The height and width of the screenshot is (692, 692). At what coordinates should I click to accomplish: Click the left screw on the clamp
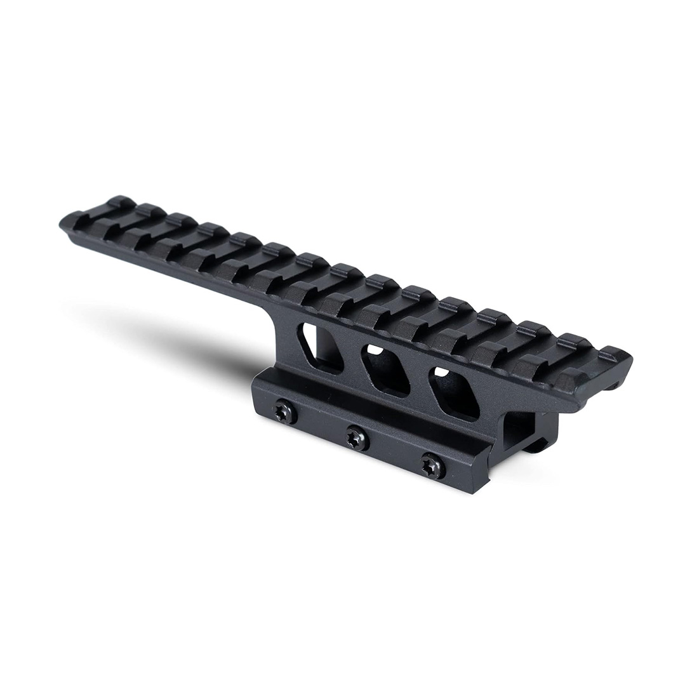pos(286,413)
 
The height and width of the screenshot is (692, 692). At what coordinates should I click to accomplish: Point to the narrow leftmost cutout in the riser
pos(321,346)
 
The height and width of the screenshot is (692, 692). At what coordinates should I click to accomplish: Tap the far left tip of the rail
pos(64,222)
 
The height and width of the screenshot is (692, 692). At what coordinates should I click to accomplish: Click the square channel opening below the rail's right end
pos(517,432)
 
